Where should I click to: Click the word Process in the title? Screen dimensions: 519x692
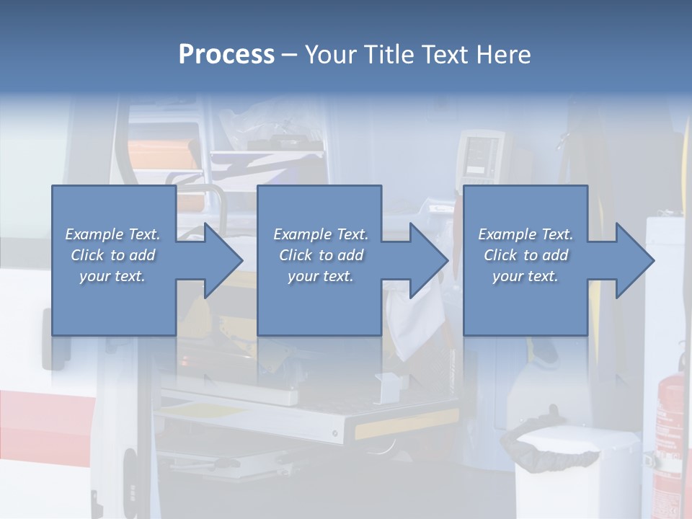coord(226,55)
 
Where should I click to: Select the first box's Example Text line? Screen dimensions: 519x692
coord(112,234)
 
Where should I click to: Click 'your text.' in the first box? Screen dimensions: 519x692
coord(112,276)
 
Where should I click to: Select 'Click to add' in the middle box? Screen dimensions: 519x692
coord(321,255)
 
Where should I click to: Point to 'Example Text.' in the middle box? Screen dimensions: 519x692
coord(321,234)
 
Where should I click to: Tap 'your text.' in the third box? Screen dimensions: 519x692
coord(525,276)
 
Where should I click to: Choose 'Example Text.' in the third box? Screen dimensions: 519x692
coord(525,234)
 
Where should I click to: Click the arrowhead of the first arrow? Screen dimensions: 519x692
coord(223,260)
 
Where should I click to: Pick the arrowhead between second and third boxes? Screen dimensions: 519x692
coord(429,260)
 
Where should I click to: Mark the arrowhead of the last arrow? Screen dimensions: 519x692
coord(634,260)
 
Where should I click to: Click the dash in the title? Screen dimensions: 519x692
coord(289,55)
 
